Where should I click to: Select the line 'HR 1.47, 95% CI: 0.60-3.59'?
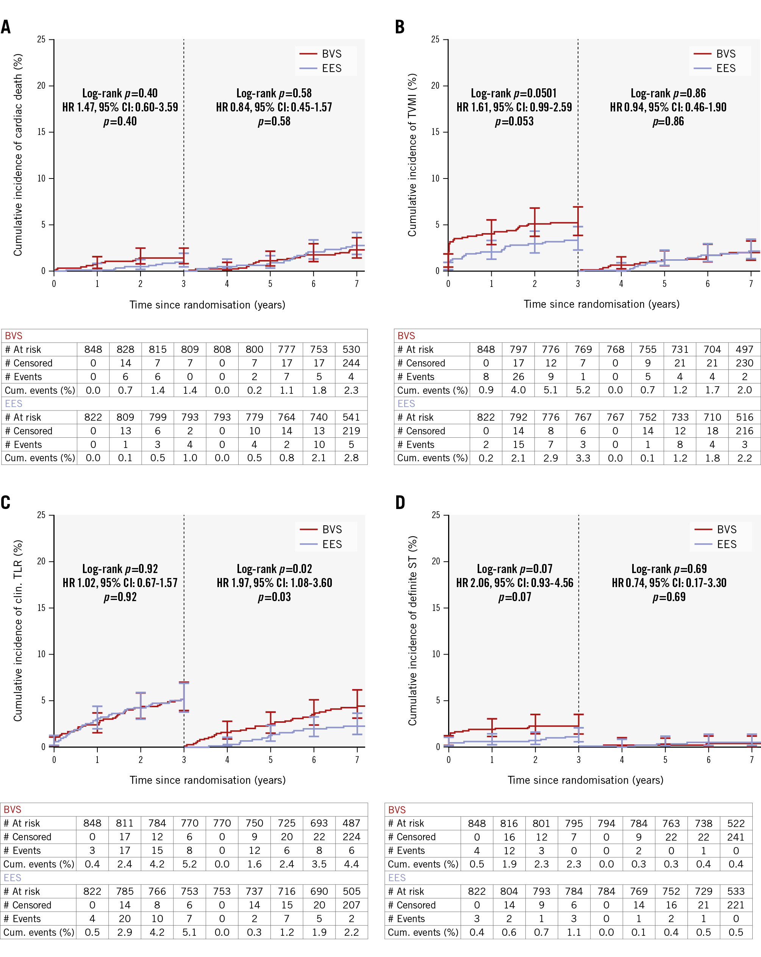click(120, 107)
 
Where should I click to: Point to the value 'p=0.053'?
click(514, 122)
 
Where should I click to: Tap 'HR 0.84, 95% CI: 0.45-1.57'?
click(274, 107)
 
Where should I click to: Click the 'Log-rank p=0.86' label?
click(668, 93)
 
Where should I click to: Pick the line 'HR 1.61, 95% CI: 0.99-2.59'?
click(514, 107)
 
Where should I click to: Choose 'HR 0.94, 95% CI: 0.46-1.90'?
click(668, 107)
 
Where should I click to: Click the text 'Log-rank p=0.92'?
click(120, 569)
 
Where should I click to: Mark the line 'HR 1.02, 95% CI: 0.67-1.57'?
click(120, 583)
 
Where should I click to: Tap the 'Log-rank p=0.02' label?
click(274, 569)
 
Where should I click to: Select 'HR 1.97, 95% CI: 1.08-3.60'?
click(274, 583)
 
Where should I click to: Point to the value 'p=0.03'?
click(274, 597)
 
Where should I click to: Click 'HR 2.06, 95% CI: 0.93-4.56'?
click(515, 583)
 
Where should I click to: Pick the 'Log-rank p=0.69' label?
click(669, 569)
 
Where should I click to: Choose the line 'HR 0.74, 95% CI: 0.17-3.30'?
click(669, 583)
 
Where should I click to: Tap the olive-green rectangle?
click(427, 736)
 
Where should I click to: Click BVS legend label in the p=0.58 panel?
click(331, 54)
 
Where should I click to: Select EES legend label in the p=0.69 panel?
click(727, 544)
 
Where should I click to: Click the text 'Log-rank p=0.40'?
click(120, 93)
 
